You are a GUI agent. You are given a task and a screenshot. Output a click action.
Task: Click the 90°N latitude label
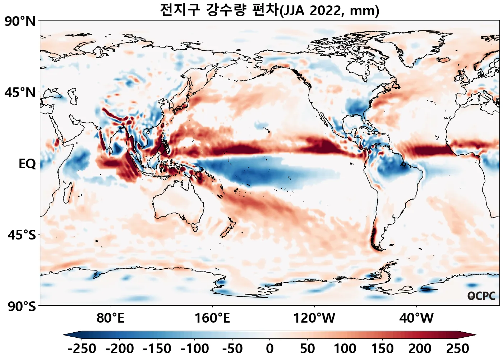tap(20, 22)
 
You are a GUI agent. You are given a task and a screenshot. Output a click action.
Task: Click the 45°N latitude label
tap(20, 93)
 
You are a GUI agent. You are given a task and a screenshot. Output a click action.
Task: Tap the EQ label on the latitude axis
tap(27, 164)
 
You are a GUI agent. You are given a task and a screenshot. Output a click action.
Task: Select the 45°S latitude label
tap(22, 235)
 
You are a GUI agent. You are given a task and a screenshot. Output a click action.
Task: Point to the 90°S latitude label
tap(22, 306)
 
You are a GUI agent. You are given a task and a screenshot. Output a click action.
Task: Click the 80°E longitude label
tap(110, 318)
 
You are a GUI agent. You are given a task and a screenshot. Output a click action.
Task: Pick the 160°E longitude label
tap(212, 318)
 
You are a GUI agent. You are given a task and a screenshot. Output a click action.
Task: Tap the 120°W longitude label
tap(314, 318)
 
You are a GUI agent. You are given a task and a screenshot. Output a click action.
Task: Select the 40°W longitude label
tap(416, 318)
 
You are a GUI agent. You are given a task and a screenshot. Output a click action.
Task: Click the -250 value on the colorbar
tap(82, 349)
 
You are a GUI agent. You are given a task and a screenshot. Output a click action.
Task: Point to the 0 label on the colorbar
tap(270, 349)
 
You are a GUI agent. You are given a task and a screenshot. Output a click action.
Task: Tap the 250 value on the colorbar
tap(457, 349)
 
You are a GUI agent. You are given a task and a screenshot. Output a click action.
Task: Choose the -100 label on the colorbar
tap(194, 349)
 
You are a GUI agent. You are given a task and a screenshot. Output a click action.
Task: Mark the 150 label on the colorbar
tap(382, 349)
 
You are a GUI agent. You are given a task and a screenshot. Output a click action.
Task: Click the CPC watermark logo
tap(481, 296)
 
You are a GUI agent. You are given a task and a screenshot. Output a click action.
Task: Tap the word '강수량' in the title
tap(226, 10)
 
